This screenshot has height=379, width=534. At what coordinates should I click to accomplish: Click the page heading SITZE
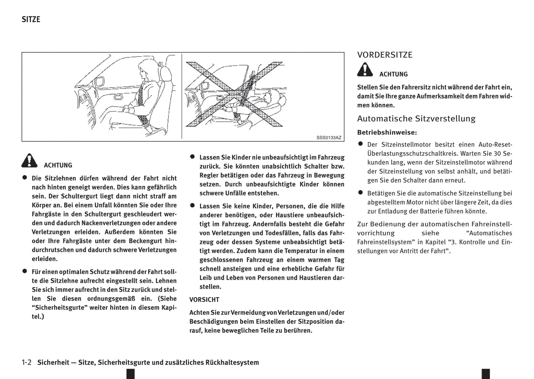[x=31, y=19]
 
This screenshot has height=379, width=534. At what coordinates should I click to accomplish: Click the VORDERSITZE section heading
[x=385, y=55]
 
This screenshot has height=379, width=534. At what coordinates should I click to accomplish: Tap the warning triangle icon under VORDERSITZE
[x=365, y=70]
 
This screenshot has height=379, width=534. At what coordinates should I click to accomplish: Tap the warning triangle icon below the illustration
[x=30, y=161]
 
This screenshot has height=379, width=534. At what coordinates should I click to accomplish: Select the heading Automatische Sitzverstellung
[x=416, y=119]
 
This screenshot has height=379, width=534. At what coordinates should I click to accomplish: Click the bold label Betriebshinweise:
[x=387, y=132]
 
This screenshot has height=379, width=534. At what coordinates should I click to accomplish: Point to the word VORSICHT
[x=204, y=300]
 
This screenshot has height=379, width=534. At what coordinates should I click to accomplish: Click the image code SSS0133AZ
[x=329, y=137]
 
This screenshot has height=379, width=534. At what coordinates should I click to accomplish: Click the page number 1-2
[x=27, y=362]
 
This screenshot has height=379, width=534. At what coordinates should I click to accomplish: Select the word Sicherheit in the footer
[x=53, y=362]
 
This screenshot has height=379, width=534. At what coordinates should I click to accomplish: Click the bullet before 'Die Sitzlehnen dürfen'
[x=25, y=178]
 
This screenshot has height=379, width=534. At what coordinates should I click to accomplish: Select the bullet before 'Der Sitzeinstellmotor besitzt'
[x=360, y=144]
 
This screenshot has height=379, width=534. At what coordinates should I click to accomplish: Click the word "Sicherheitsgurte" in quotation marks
[x=59, y=307]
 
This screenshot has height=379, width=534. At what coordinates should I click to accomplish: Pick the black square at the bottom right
[x=486, y=373]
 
